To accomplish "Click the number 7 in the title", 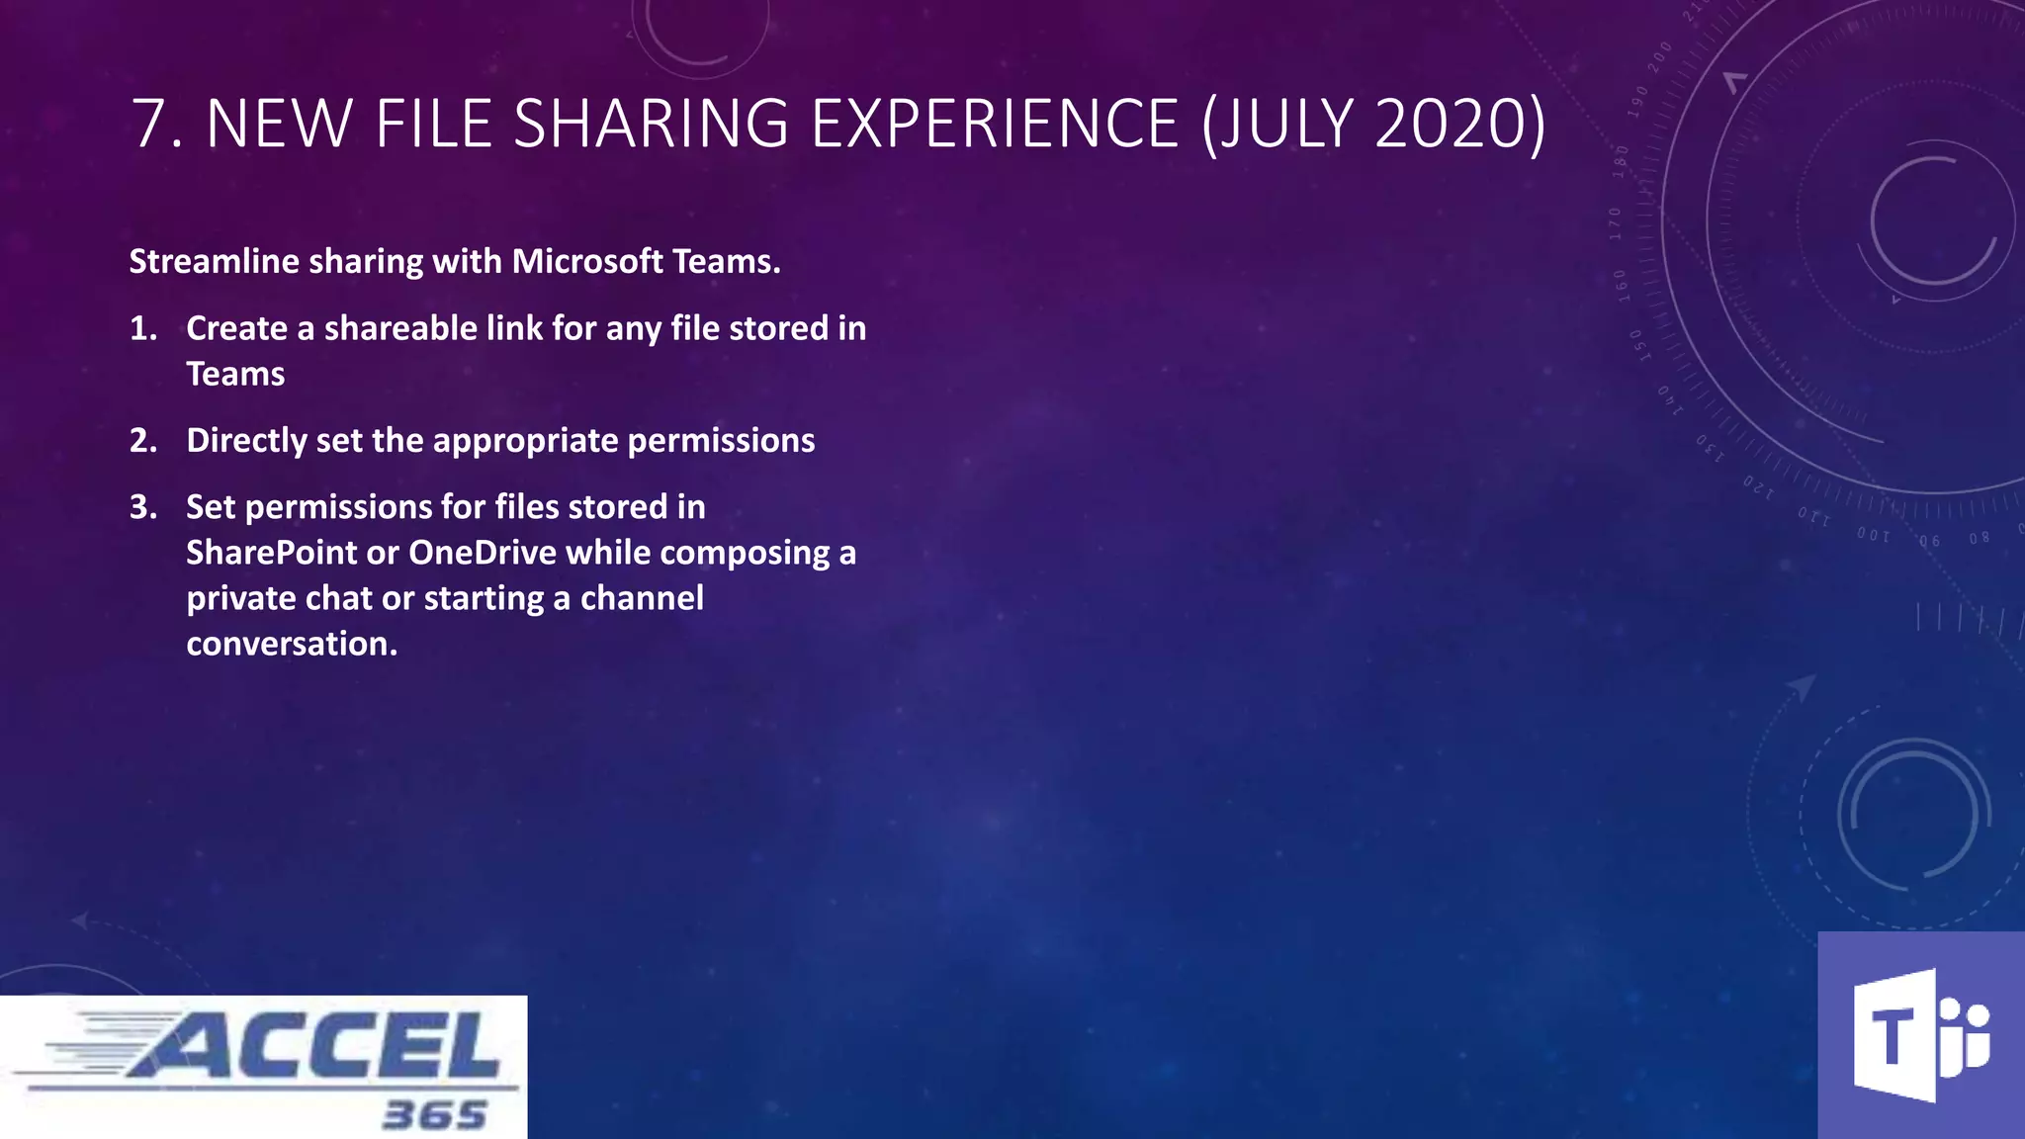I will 153,125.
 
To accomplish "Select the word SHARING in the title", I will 651,125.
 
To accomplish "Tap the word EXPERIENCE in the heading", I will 995,125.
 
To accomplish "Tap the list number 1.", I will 142,328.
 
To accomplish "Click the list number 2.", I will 142,440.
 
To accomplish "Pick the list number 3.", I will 142,506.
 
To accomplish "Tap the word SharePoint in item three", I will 271,552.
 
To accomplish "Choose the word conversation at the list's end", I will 291,644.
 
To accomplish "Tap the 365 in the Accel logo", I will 434,1115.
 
